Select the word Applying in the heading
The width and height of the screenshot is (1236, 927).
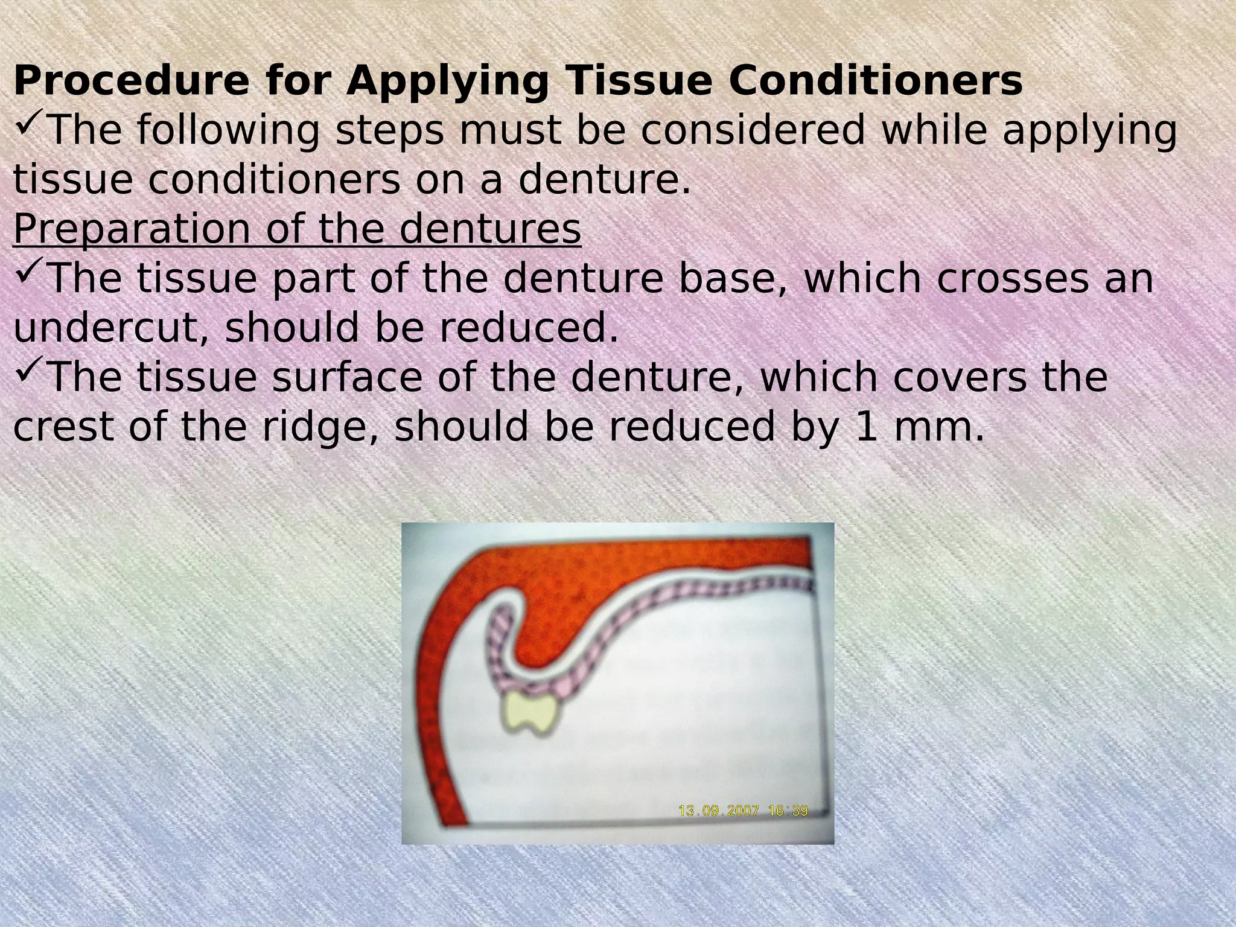447,81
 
